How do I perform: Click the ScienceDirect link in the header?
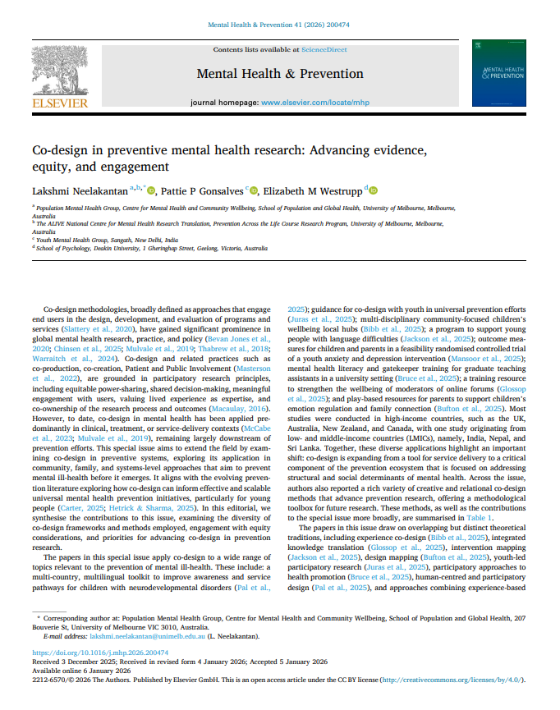325,50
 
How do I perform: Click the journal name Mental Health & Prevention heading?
279,74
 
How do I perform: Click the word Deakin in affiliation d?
95,247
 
